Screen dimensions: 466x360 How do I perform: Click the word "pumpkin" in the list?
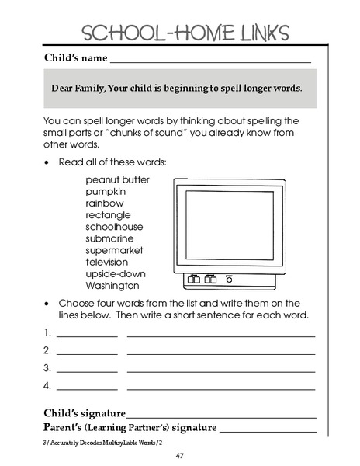[106, 191]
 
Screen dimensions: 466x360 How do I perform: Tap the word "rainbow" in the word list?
[104, 203]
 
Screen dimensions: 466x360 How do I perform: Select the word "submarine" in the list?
[109, 238]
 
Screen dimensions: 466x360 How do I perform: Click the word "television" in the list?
[106, 262]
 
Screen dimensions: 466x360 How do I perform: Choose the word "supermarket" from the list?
[115, 250]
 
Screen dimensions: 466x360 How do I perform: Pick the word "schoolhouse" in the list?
[115, 227]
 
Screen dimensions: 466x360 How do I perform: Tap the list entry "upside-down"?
[116, 274]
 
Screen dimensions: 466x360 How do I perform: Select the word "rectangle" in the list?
[108, 214]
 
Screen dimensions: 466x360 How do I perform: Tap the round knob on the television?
[229, 278]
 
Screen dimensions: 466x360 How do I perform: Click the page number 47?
[179, 455]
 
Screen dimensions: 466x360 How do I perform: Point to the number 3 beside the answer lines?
[47, 367]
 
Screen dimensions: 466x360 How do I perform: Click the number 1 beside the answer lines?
[47, 332]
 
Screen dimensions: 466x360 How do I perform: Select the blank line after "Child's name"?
[210, 61]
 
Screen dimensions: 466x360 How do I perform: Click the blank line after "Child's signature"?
[222, 416]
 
